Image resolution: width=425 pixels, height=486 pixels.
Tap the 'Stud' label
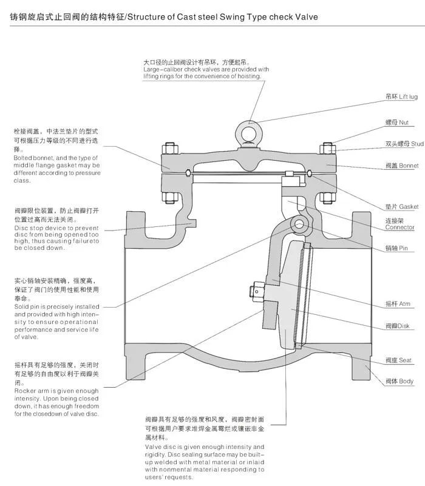coord(404,144)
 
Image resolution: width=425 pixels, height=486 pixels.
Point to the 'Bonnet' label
coord(402,165)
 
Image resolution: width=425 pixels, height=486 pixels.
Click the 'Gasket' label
coord(401,206)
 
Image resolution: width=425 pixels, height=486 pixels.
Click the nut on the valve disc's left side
coord(257,292)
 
